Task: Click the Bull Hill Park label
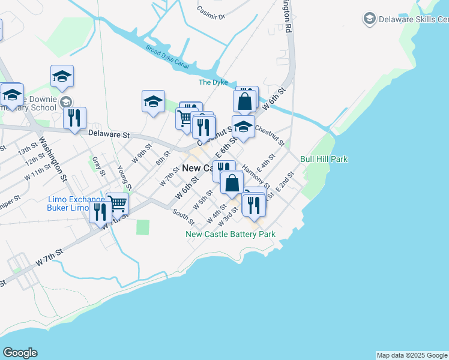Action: pyautogui.click(x=324, y=159)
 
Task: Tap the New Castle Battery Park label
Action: pyautogui.click(x=231, y=234)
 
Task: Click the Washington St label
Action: pyautogui.click(x=52, y=160)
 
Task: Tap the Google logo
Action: pyautogui.click(x=20, y=353)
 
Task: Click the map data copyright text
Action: pyautogui.click(x=412, y=355)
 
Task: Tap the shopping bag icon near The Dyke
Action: pyautogui.click(x=244, y=100)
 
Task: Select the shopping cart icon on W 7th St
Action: pyautogui.click(x=118, y=203)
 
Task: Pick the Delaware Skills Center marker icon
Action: pyautogui.click(x=369, y=19)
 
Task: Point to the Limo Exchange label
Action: pyautogui.click(x=76, y=199)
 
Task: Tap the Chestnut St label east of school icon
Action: pyautogui.click(x=270, y=135)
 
